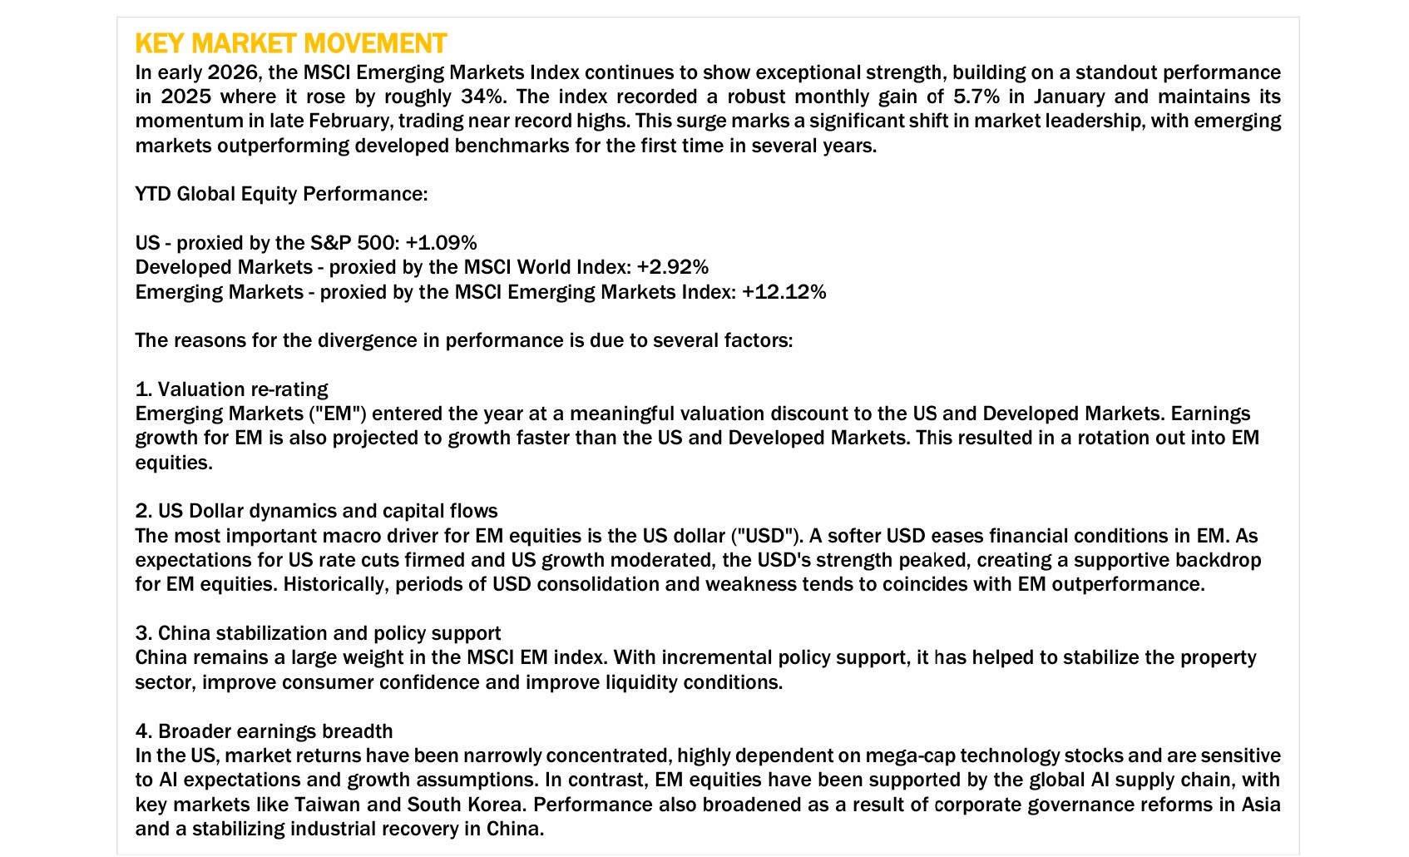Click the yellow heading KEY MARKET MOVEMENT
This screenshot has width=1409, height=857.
(290, 43)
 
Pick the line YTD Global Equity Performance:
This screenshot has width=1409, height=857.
(281, 194)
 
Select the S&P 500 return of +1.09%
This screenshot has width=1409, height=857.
(441, 243)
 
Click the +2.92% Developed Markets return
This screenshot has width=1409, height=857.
(672, 267)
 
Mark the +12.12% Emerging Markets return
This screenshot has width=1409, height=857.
(784, 292)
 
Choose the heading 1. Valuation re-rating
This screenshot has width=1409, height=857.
(231, 389)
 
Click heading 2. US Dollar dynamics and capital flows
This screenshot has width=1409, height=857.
(316, 511)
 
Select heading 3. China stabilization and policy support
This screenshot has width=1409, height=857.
(318, 633)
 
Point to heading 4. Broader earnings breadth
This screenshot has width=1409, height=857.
(264, 731)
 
